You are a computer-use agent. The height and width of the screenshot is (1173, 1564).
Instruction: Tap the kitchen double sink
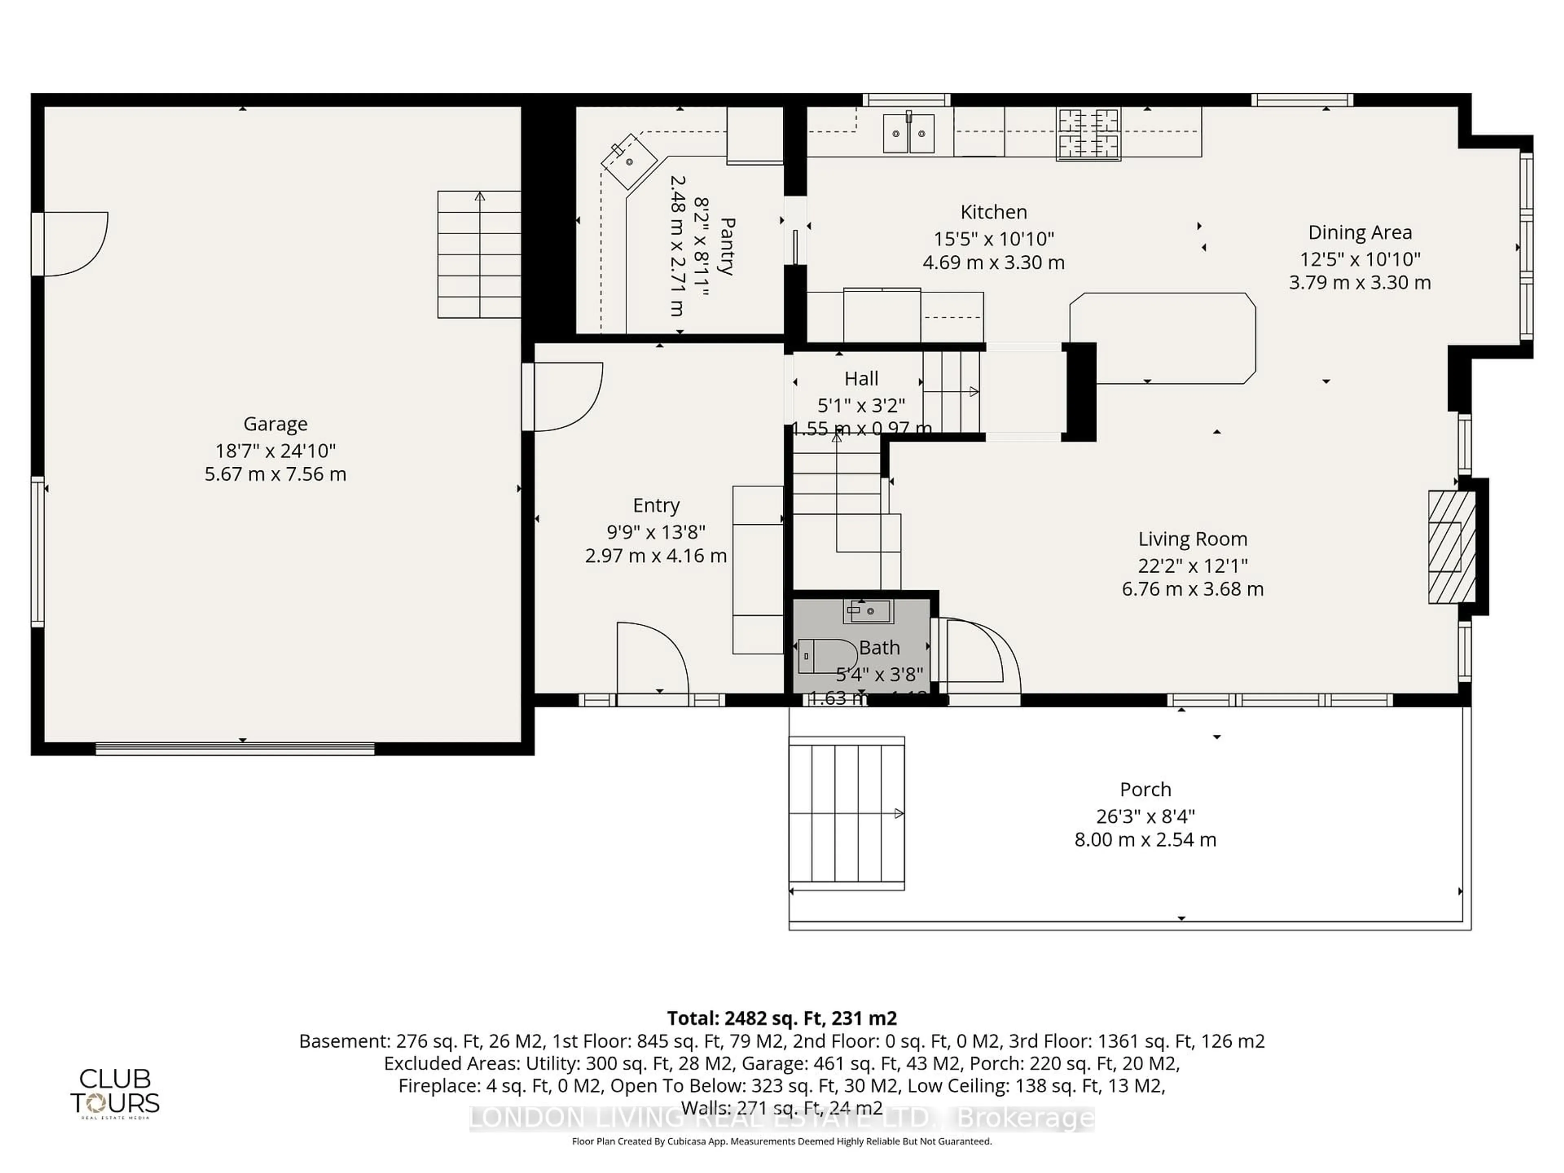(x=909, y=132)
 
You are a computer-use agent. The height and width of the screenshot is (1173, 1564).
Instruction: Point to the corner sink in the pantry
(x=628, y=161)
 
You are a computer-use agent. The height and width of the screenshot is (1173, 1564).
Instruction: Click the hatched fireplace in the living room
(x=1452, y=547)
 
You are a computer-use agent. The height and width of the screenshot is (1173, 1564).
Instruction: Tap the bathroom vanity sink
(x=868, y=611)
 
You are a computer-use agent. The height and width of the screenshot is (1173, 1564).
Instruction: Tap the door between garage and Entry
(x=566, y=396)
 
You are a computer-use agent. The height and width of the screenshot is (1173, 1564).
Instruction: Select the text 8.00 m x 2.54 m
(x=1145, y=839)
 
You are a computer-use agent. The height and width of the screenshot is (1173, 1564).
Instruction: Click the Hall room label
(x=861, y=378)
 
